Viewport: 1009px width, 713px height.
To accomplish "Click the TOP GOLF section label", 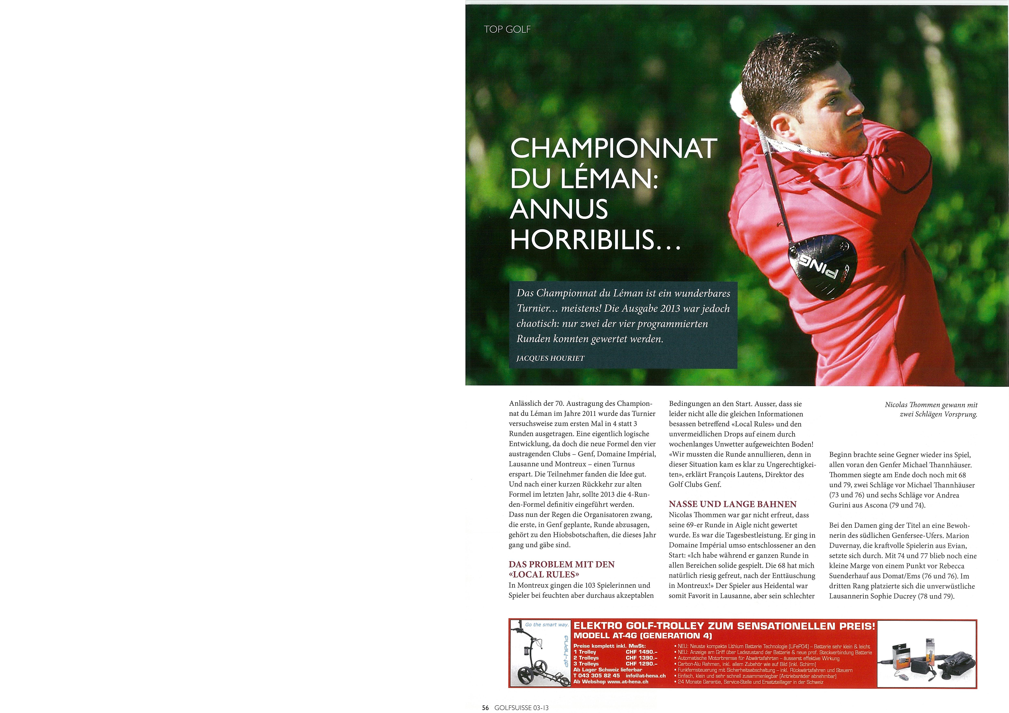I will (507, 29).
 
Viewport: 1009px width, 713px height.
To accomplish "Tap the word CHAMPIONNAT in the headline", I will (613, 149).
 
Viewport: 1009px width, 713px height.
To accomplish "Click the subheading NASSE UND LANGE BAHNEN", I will (733, 504).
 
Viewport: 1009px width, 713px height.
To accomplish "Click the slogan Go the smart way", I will (547, 624).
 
